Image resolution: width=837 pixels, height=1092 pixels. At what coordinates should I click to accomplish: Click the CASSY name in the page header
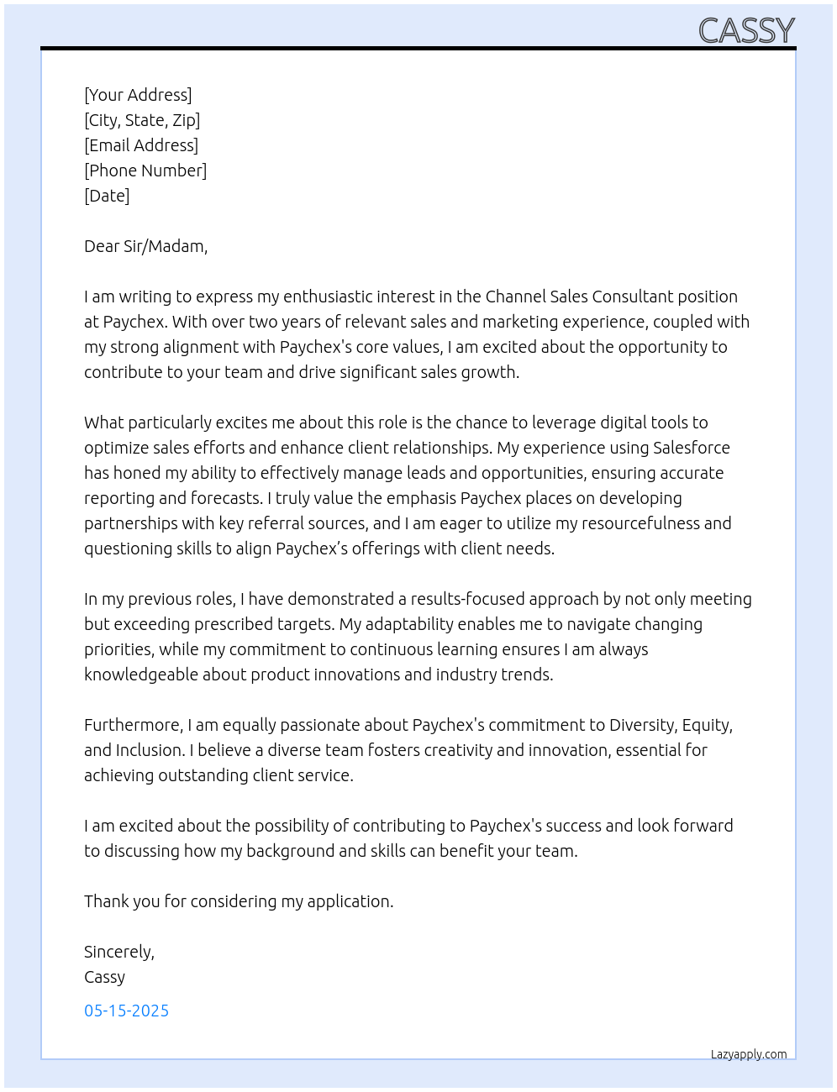coord(746,31)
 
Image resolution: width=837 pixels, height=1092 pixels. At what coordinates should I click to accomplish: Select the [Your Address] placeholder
coord(138,95)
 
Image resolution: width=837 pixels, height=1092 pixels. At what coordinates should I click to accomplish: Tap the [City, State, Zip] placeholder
coord(142,120)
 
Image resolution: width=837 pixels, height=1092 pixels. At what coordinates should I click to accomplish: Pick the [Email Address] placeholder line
coord(141,145)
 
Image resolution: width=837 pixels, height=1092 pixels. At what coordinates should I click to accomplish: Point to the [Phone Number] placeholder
coord(145,171)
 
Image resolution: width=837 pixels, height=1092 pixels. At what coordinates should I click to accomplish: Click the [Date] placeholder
coord(107,196)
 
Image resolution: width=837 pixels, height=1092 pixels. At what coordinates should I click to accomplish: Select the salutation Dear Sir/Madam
coord(145,246)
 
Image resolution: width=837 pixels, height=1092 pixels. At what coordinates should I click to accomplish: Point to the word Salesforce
coord(691,448)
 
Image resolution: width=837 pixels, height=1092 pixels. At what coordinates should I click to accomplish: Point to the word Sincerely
coord(118,952)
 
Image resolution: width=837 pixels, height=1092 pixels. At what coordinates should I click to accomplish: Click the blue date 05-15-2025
coord(126,1011)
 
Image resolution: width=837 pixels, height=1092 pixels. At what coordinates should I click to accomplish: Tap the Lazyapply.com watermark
coord(749,1054)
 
